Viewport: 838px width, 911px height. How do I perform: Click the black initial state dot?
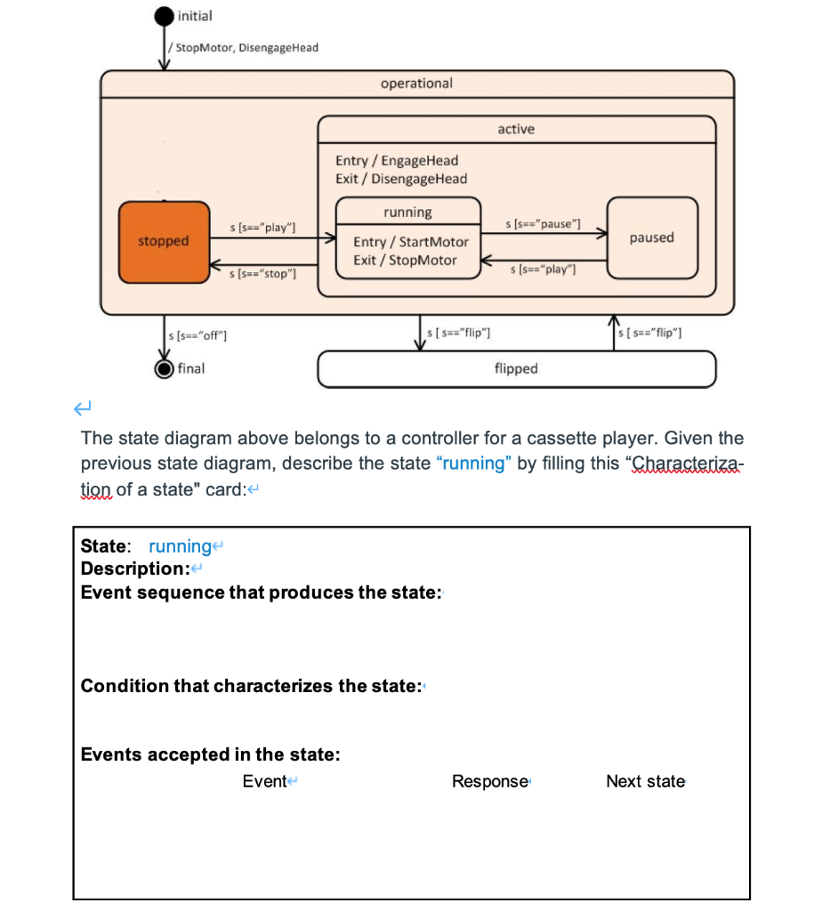[165, 16]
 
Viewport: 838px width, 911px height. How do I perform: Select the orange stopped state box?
[164, 241]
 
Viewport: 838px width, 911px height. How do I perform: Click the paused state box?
[652, 238]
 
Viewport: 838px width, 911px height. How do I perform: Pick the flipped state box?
[516, 368]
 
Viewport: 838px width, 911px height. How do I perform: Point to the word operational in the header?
[416, 84]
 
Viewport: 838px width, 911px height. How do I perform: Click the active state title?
[516, 129]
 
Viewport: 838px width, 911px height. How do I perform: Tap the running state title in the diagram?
[407, 213]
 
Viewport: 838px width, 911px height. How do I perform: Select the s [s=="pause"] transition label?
[543, 222]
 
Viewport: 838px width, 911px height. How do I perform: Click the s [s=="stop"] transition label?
[262, 274]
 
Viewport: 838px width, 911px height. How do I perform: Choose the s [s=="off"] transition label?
[197, 335]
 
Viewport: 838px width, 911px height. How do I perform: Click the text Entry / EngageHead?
[397, 160]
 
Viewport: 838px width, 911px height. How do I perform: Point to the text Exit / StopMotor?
[405, 260]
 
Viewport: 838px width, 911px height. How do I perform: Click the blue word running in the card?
[180, 545]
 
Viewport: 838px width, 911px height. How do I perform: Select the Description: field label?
[133, 568]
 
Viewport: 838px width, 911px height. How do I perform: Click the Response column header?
[490, 781]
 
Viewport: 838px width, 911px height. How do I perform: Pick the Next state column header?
[645, 781]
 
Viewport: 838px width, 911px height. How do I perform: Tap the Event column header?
[265, 781]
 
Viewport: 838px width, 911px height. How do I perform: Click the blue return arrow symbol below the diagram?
[84, 408]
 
